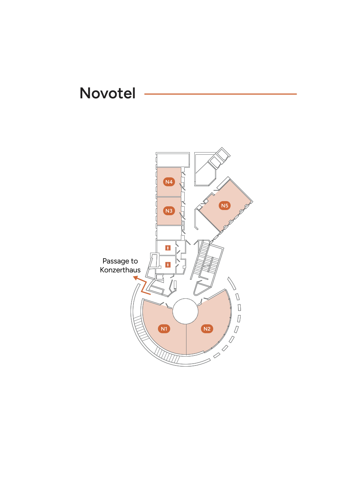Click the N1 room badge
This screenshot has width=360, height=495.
point(164,329)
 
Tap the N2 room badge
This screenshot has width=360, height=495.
point(207,329)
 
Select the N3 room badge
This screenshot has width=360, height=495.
point(169,211)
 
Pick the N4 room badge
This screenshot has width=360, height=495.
point(169,182)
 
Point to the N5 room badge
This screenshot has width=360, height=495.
point(225,206)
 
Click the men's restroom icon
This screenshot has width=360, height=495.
point(168,248)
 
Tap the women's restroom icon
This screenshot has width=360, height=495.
point(168,265)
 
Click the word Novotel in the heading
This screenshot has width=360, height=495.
point(108,93)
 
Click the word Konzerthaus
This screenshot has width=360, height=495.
point(120,270)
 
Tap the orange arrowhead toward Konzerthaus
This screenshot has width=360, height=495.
point(136,278)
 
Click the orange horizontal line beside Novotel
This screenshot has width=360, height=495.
point(221,94)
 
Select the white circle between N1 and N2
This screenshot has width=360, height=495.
point(185,311)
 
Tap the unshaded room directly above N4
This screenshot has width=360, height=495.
point(173,160)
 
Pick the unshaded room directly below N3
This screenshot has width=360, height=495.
point(169,232)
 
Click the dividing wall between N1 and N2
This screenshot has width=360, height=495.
point(186,340)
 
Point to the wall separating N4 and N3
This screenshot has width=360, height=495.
point(169,196)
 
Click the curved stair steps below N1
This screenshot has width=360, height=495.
point(167,355)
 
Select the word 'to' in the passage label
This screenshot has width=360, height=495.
point(134,261)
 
